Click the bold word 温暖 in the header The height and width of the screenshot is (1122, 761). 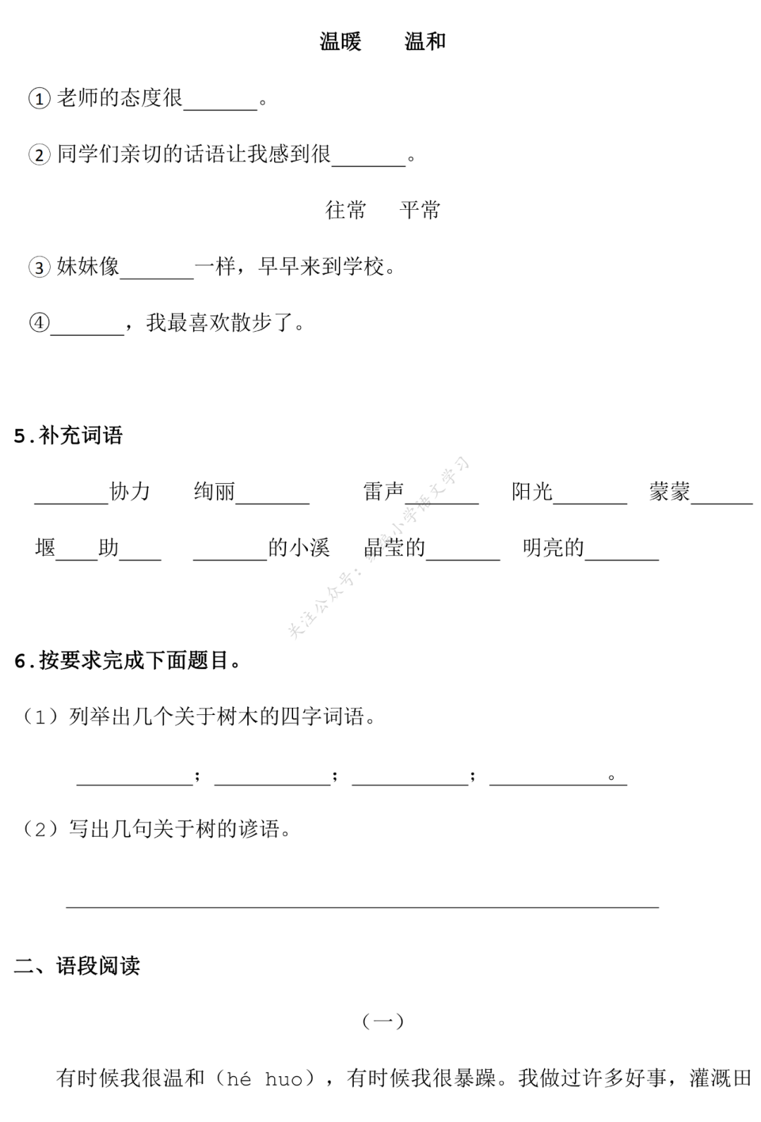(x=340, y=42)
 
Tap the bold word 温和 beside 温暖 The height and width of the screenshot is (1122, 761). (x=425, y=42)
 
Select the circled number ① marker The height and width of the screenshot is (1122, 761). (x=39, y=99)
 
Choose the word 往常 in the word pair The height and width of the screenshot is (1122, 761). (x=345, y=210)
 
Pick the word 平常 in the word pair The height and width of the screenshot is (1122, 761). (x=420, y=210)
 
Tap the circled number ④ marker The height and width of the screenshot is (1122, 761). (x=39, y=323)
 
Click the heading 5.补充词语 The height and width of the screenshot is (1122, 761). (x=68, y=435)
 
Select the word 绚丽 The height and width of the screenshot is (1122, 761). (x=214, y=492)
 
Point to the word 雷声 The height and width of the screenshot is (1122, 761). (x=383, y=492)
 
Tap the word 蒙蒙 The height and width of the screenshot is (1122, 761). (x=669, y=492)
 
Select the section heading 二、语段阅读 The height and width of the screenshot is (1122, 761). (x=77, y=965)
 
